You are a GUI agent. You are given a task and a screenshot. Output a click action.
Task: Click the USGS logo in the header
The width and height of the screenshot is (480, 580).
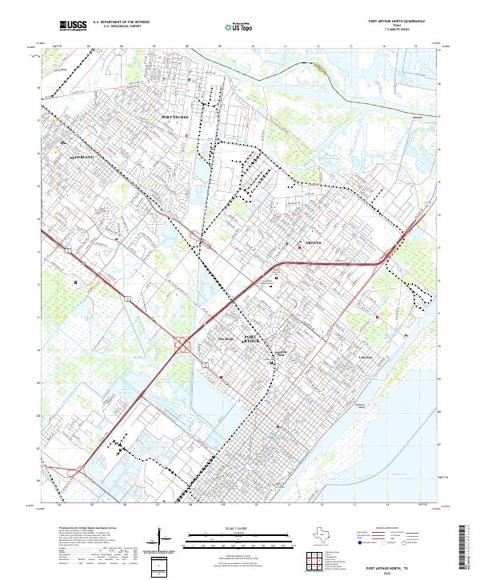coord(73,26)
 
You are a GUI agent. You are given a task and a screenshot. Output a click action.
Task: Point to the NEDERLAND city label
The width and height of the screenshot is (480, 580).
coord(80,158)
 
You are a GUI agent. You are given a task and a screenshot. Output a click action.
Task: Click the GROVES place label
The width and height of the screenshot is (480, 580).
coord(314,242)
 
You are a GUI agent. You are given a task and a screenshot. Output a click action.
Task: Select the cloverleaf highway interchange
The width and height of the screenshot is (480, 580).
coord(183,345)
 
